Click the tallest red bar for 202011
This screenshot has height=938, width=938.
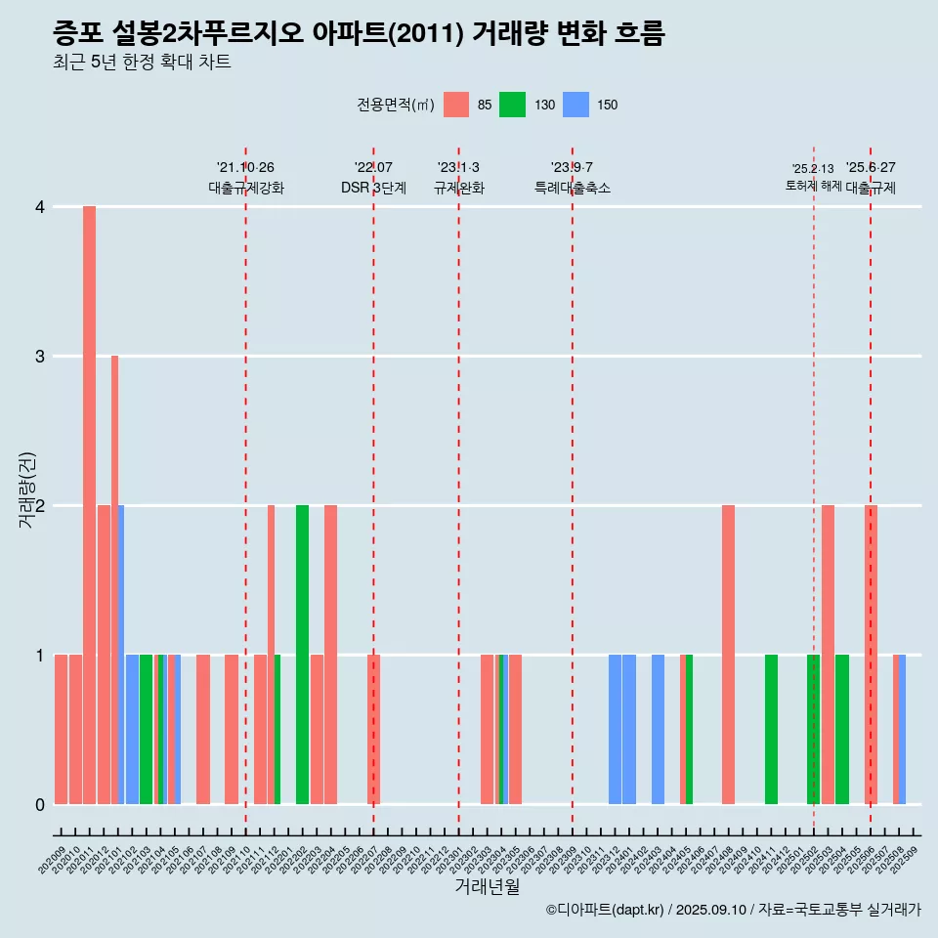[x=89, y=505]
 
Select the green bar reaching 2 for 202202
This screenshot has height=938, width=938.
[x=302, y=655]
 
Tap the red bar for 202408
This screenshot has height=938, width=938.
[x=728, y=655]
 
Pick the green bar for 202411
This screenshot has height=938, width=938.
[x=771, y=729]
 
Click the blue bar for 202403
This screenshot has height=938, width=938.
[x=658, y=729]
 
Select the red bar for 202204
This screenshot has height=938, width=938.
[x=330, y=655]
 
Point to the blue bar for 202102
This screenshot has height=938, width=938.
[x=132, y=729]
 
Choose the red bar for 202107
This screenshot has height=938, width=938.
[x=203, y=729]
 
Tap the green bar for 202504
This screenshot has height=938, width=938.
[x=841, y=729]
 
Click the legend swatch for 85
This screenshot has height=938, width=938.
[x=456, y=105]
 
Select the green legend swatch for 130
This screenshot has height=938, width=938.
[x=512, y=105]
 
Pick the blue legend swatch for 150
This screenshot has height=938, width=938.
[x=576, y=105]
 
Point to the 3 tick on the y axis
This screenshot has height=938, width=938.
[x=39, y=356]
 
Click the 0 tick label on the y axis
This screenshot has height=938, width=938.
[x=39, y=804]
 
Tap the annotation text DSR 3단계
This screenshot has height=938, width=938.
[x=373, y=188]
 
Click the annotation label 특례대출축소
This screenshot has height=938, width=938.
[x=572, y=188]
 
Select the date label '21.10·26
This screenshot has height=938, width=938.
[x=245, y=167]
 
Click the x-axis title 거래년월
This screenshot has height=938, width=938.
[x=487, y=886]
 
